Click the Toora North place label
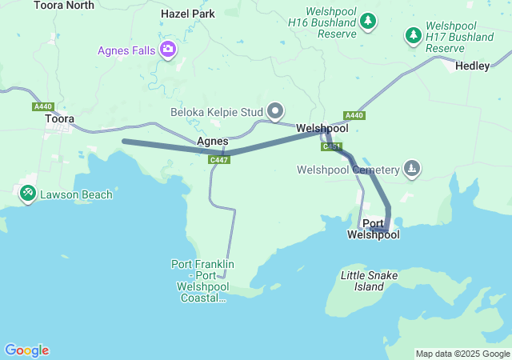[64, 5]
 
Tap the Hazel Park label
[188, 14]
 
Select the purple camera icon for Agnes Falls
[169, 50]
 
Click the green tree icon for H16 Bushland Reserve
[368, 21]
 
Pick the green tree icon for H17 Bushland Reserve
[413, 35]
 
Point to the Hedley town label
[472, 66]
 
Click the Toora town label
[59, 119]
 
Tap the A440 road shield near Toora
[43, 106]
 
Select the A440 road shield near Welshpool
[354, 115]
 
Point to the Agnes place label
[213, 141]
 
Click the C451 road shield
[332, 147]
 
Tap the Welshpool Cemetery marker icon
[411, 169]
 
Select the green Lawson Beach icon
[27, 193]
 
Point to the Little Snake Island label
[369, 281]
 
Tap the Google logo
[26, 350]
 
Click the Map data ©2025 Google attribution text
[462, 354]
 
